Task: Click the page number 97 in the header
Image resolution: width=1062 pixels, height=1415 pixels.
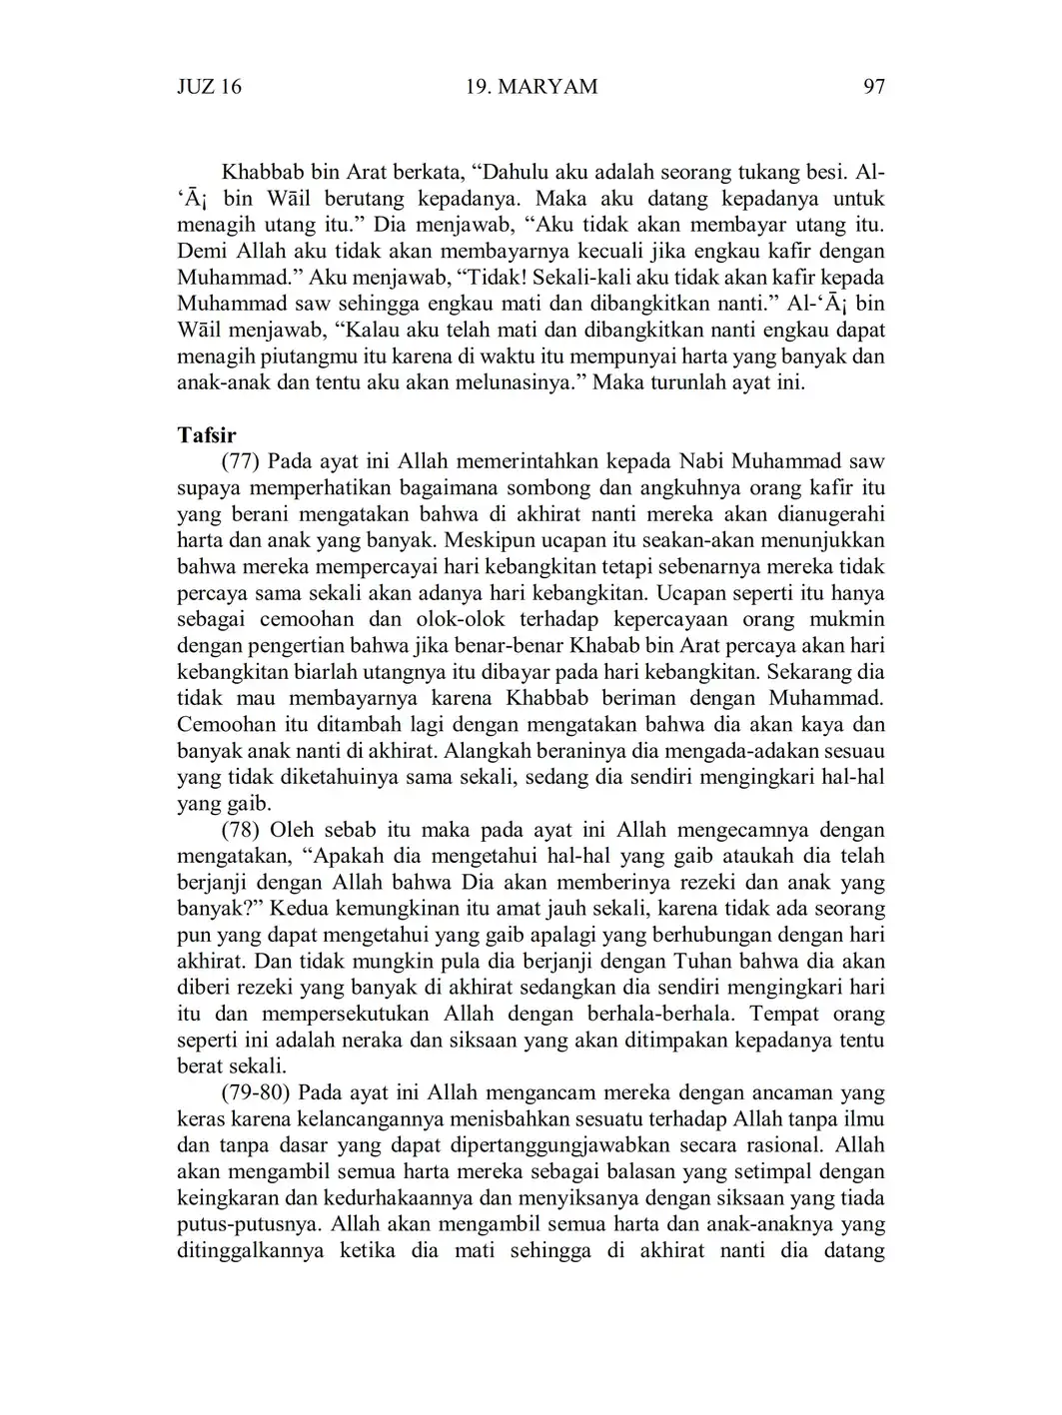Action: pos(873,87)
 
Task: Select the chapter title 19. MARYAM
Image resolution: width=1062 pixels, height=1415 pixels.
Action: pos(531,87)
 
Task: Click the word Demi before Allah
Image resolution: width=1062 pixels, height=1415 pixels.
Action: pos(204,251)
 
